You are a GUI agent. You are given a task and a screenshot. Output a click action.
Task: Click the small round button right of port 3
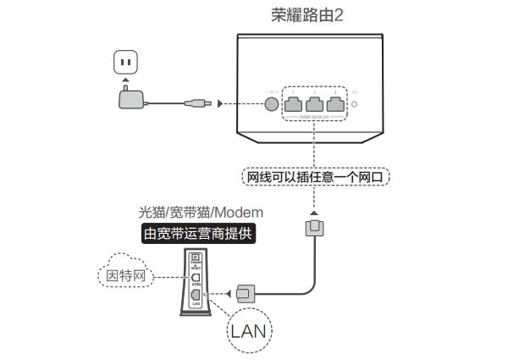pos(356,105)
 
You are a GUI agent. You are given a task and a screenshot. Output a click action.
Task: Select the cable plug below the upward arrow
pos(314,229)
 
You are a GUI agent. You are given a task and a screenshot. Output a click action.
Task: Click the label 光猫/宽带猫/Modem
pos(201,212)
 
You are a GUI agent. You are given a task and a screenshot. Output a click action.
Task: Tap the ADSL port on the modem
pos(196,277)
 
